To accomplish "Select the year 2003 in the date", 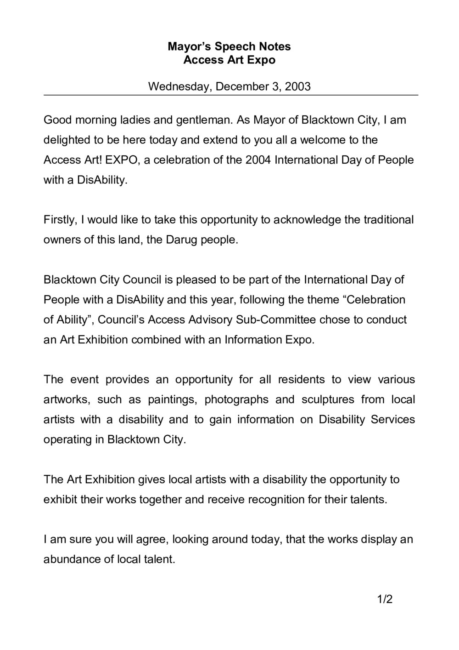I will click(x=298, y=86).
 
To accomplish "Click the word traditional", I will click(x=389, y=220).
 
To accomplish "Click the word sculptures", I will click(x=328, y=399).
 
